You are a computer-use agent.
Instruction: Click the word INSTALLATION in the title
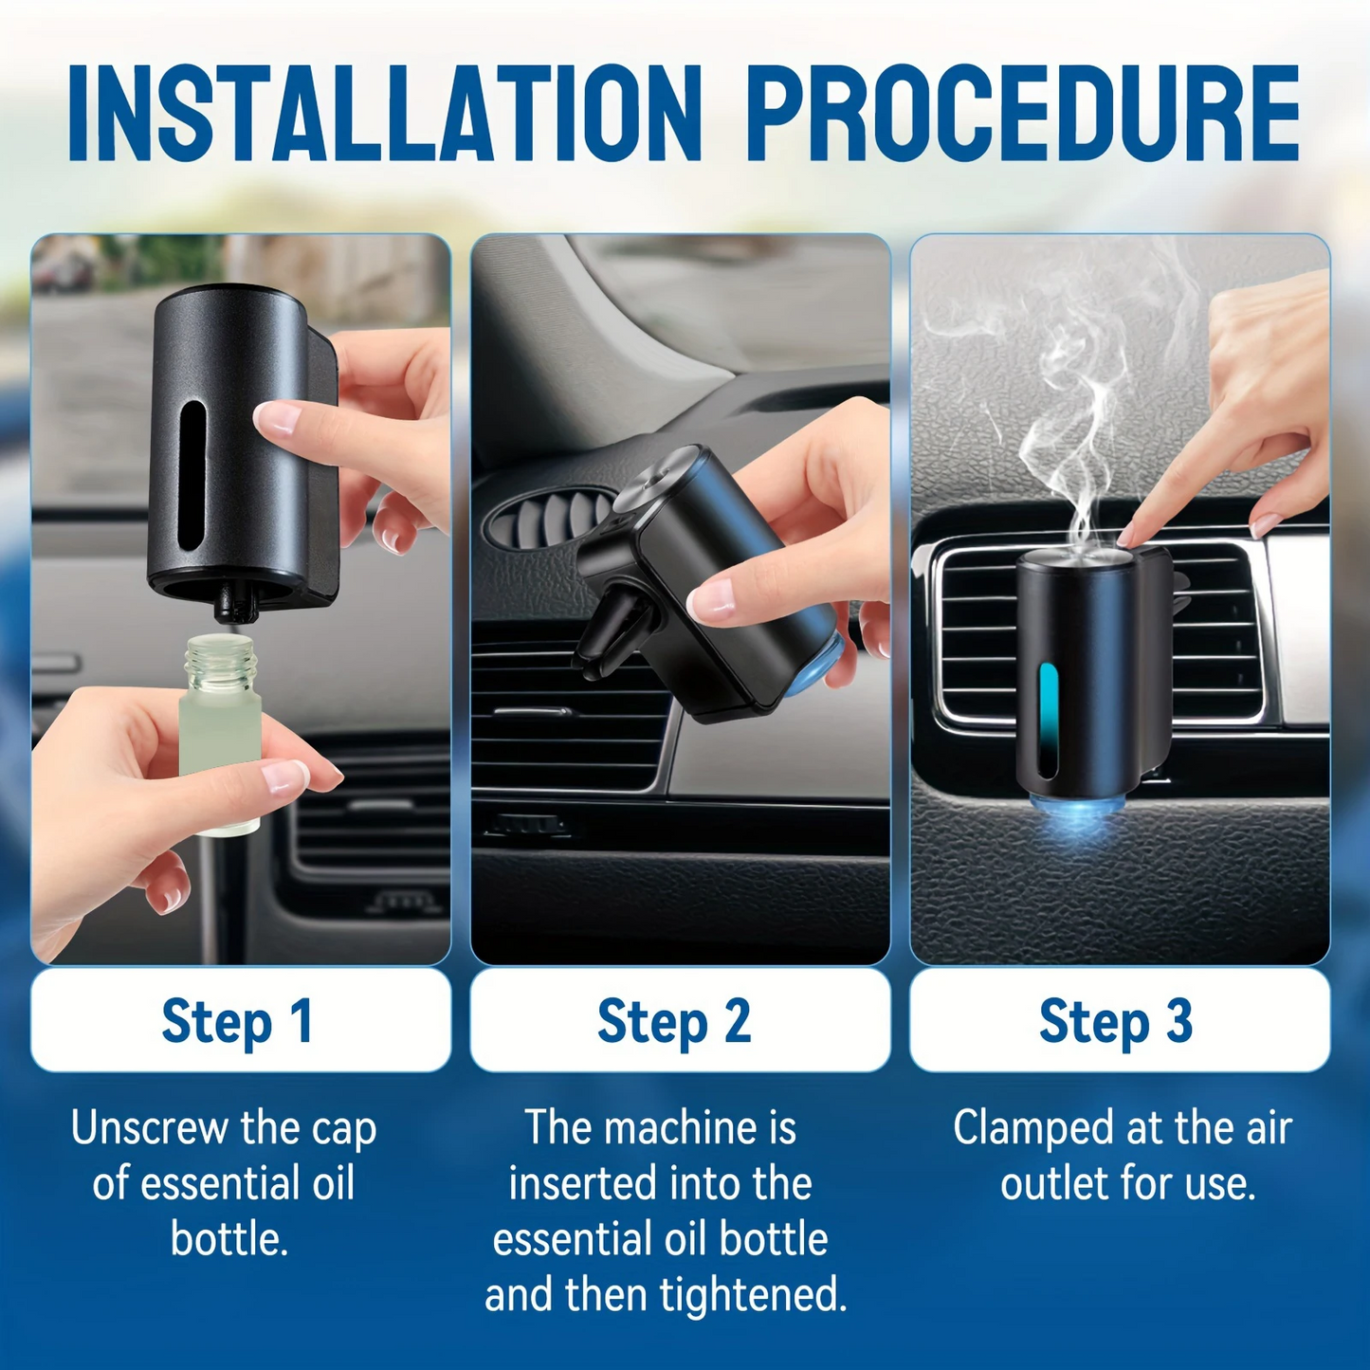coord(385,114)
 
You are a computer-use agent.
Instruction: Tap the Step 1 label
coord(237,1022)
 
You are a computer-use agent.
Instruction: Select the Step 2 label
coord(674,1022)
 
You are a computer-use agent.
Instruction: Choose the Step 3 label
coord(1116,1022)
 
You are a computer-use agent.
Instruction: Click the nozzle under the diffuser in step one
coord(234,607)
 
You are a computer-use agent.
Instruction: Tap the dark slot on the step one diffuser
coord(192,475)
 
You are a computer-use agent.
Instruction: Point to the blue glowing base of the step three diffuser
coord(1078,812)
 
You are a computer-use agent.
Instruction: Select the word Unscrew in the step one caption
coord(151,1130)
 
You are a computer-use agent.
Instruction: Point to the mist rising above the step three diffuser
coord(1109,427)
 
